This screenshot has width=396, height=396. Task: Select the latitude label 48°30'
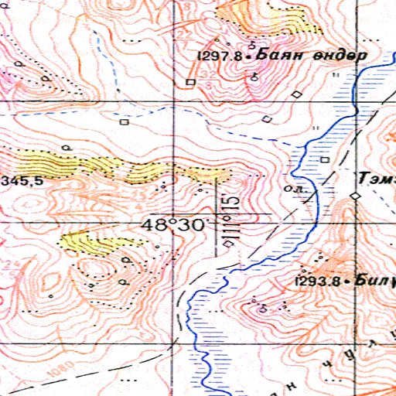(x=176, y=225)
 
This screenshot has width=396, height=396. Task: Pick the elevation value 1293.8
(x=318, y=282)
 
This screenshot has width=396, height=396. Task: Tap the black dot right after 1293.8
(x=348, y=282)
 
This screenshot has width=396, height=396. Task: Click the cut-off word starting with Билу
(x=376, y=282)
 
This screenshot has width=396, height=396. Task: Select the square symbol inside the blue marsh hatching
(x=326, y=159)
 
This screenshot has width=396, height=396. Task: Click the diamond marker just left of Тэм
(x=355, y=197)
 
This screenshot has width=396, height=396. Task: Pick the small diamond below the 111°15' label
(x=227, y=244)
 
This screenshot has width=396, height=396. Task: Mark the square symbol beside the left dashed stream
(x=124, y=121)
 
